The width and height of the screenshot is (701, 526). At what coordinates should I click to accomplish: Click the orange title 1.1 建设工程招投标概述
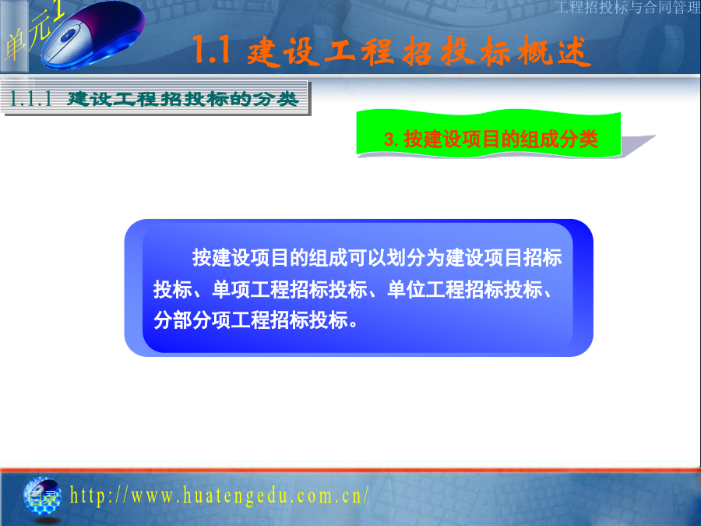[x=392, y=51]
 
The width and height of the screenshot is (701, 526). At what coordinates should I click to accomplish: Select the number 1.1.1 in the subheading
[x=31, y=98]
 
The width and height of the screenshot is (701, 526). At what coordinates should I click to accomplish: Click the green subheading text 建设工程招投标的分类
[x=182, y=99]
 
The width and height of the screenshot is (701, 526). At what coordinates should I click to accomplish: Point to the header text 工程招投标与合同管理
[x=628, y=7]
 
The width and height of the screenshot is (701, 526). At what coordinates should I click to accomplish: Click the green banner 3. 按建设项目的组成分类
[x=489, y=134]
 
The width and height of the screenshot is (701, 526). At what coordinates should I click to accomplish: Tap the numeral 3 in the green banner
[x=389, y=139]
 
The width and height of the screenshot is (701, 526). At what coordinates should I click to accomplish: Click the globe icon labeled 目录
[x=42, y=496]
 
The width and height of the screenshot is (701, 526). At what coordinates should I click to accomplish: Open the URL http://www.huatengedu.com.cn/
[x=220, y=496]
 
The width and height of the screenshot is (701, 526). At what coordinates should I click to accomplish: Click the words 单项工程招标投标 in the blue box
[x=290, y=289]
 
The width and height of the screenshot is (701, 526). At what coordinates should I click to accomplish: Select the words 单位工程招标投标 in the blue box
[x=465, y=289]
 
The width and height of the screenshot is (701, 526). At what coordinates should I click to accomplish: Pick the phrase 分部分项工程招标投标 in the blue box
[x=251, y=320]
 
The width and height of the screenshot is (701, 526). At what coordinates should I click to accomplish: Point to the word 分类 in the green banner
[x=579, y=139]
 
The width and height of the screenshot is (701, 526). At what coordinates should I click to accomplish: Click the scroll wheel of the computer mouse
[x=68, y=36]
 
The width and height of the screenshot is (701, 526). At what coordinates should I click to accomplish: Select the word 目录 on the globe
[x=42, y=497]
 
